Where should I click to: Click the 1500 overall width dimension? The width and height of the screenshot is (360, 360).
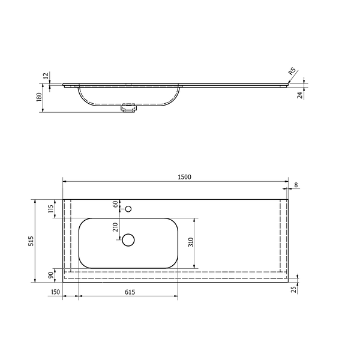[184, 177]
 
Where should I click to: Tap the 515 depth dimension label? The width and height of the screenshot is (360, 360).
[31, 241]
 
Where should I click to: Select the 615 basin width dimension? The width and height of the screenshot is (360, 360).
[130, 292]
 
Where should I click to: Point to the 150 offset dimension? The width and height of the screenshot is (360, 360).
[55, 292]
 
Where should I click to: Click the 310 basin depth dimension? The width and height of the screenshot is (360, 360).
[191, 242]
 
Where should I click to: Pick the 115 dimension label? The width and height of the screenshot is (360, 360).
[50, 208]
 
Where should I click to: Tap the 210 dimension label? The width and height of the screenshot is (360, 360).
[115, 227]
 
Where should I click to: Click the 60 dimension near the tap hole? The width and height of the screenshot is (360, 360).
[115, 203]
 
